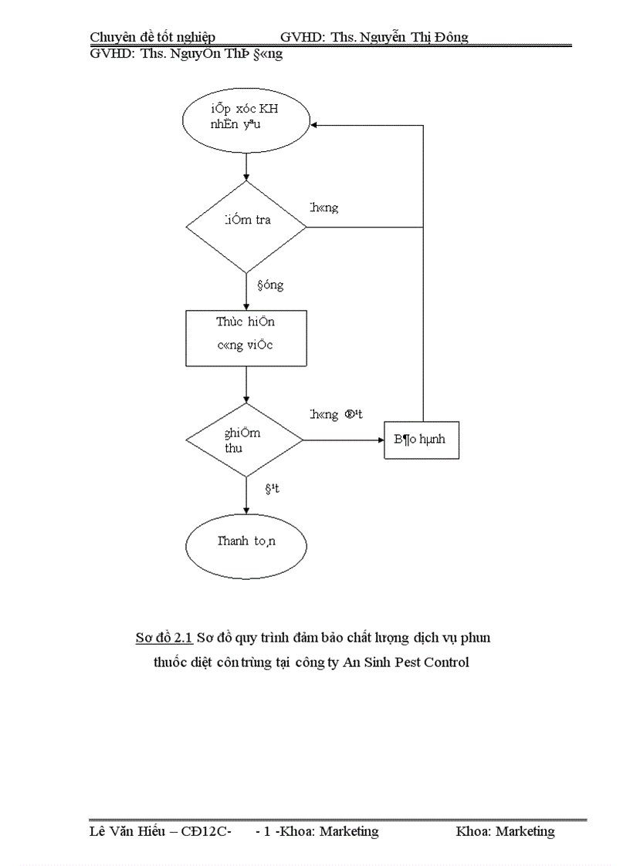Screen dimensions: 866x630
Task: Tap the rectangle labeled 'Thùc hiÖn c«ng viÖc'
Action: pos(246,338)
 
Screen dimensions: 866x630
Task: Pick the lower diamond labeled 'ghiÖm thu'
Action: pos(246,440)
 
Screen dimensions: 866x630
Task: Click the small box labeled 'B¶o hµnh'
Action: pos(422,440)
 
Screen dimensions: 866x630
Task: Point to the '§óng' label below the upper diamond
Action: pos(270,285)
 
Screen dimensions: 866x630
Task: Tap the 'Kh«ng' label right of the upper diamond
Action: pos(323,207)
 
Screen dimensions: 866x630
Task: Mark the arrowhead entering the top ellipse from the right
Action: pos(315,123)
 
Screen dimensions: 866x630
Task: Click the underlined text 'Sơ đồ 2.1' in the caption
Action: pos(164,638)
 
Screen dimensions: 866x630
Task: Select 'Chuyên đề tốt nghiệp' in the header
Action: pos(152,37)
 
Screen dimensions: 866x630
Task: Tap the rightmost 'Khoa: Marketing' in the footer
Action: pos(505,831)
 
